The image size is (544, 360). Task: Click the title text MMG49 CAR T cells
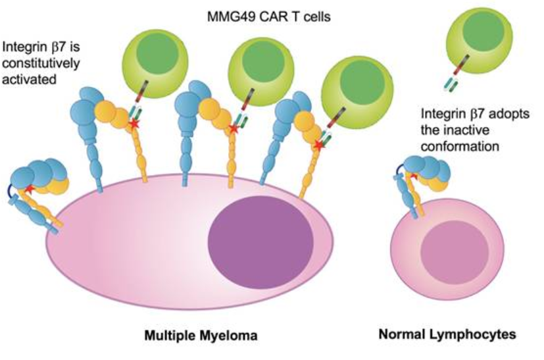(274, 15)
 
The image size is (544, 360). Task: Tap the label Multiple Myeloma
(201, 336)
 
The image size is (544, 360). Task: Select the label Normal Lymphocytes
(447, 335)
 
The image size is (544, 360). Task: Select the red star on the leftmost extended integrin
(135, 122)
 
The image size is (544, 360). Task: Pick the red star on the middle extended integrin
(232, 129)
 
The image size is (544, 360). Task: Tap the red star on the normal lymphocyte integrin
(413, 176)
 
